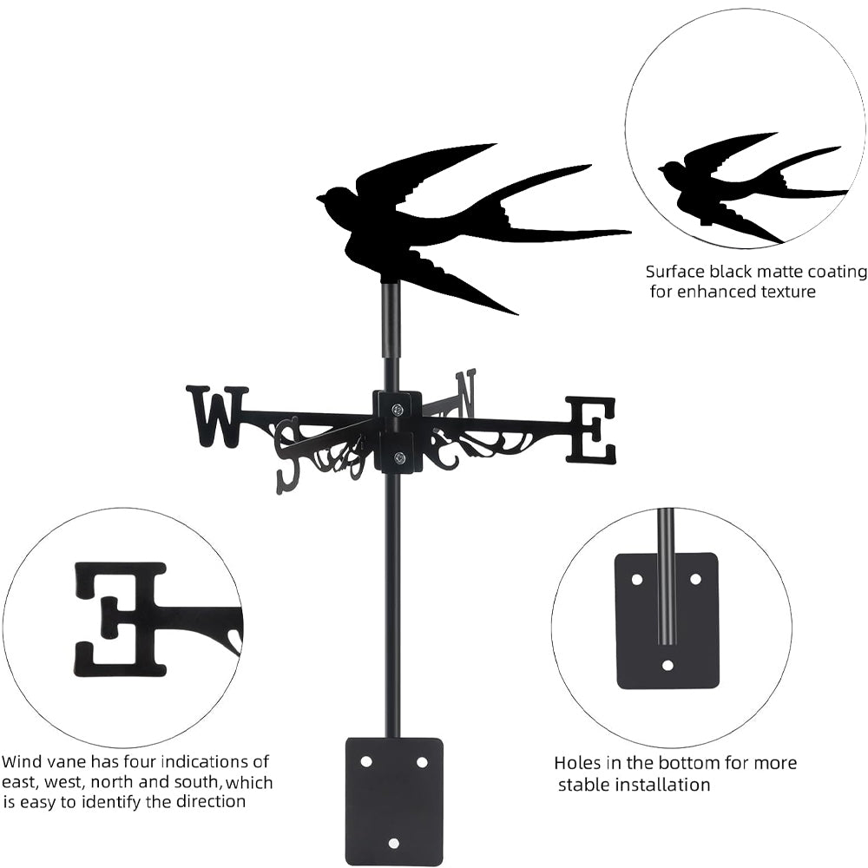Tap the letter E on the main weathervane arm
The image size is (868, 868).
591,429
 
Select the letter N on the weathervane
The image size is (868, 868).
467,392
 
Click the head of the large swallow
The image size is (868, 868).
333,199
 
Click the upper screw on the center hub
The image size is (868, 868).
398,409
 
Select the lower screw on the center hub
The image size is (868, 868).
398,458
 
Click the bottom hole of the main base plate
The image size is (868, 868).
394,843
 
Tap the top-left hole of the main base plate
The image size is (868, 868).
366,761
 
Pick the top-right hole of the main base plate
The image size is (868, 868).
422,761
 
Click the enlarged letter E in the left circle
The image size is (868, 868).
122,618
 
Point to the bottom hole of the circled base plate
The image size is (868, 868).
667,665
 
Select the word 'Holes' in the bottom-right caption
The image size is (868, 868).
576,763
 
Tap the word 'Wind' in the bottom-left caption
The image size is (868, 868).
22,762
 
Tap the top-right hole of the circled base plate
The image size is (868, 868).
695,578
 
